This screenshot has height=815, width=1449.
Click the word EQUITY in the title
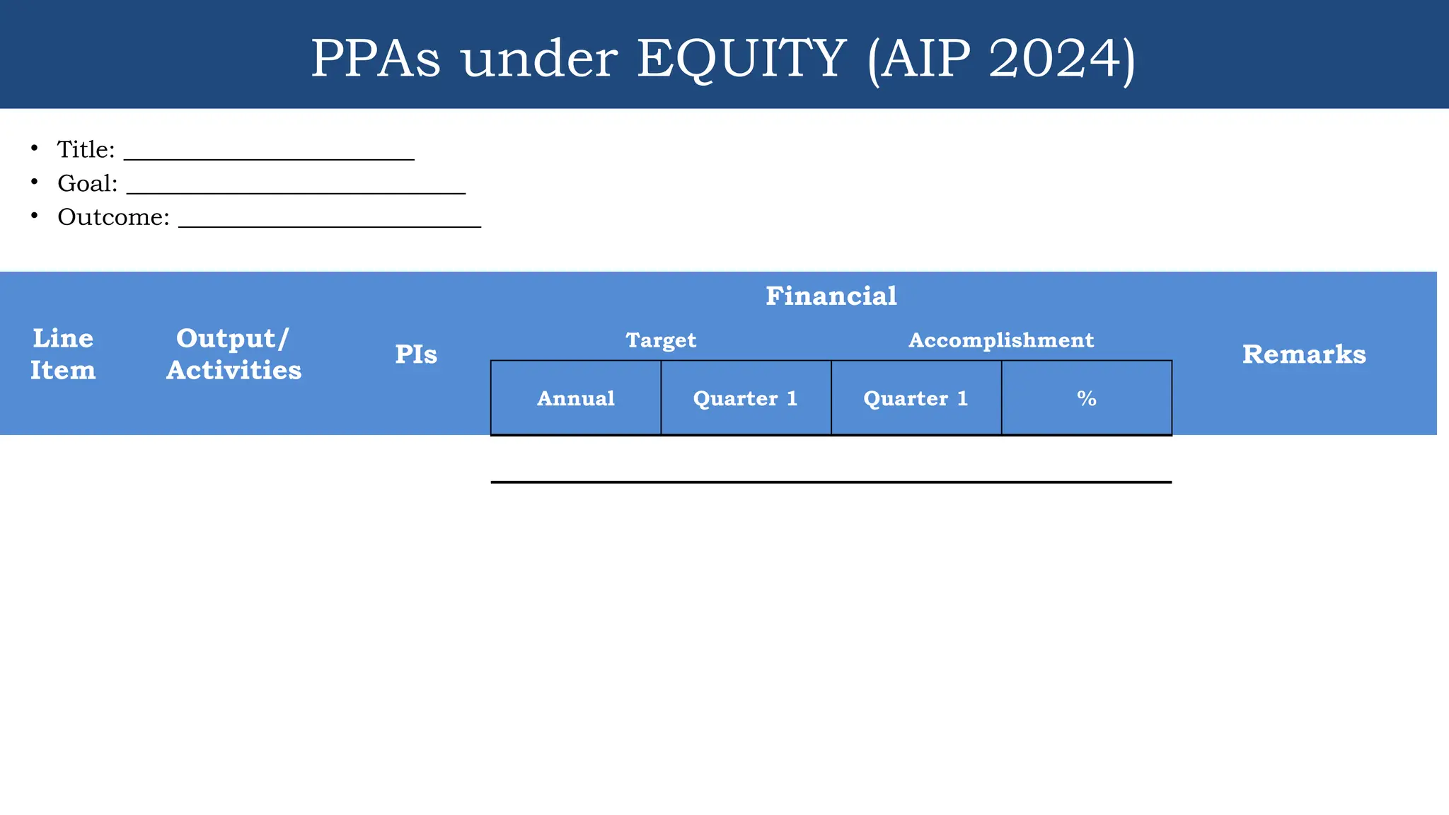click(x=741, y=58)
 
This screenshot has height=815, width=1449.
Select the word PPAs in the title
click(x=375, y=58)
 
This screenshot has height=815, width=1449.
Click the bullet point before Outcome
click(x=34, y=215)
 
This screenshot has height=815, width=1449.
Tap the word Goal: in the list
click(x=87, y=183)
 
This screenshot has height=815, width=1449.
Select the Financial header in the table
click(x=831, y=296)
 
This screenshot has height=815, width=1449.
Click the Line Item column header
click(x=63, y=354)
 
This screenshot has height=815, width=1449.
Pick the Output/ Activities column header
click(x=233, y=354)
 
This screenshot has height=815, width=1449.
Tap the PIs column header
click(x=416, y=354)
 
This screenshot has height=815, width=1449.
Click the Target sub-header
click(x=661, y=340)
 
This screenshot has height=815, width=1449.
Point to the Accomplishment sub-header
click(x=1001, y=340)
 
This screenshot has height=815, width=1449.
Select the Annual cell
click(x=576, y=398)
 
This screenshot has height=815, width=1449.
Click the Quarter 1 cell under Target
click(x=746, y=398)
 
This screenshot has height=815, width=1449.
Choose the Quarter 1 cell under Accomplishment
click(x=916, y=398)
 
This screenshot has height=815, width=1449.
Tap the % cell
click(x=1087, y=398)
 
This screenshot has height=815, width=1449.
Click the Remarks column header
click(x=1304, y=354)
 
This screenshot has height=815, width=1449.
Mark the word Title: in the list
click(x=86, y=149)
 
